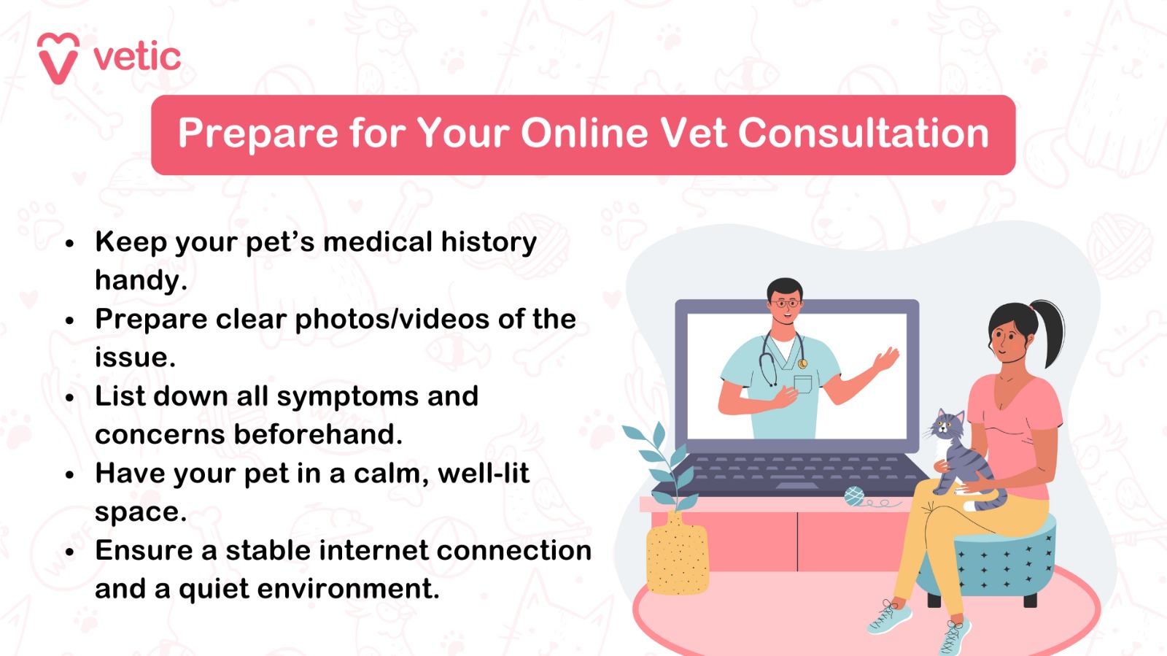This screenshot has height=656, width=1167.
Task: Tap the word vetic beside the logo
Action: click(137, 58)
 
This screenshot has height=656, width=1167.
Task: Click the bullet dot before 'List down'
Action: click(70, 398)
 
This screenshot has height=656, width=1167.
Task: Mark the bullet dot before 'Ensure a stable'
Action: click(70, 552)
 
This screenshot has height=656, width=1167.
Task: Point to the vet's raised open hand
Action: click(885, 360)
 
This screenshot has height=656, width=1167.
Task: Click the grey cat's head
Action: click(948, 426)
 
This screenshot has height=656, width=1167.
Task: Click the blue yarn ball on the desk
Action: click(853, 497)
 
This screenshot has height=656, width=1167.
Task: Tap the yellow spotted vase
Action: click(677, 557)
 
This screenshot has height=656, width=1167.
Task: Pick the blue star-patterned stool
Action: click(1007, 562)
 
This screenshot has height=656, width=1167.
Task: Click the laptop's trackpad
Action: click(797, 486)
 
